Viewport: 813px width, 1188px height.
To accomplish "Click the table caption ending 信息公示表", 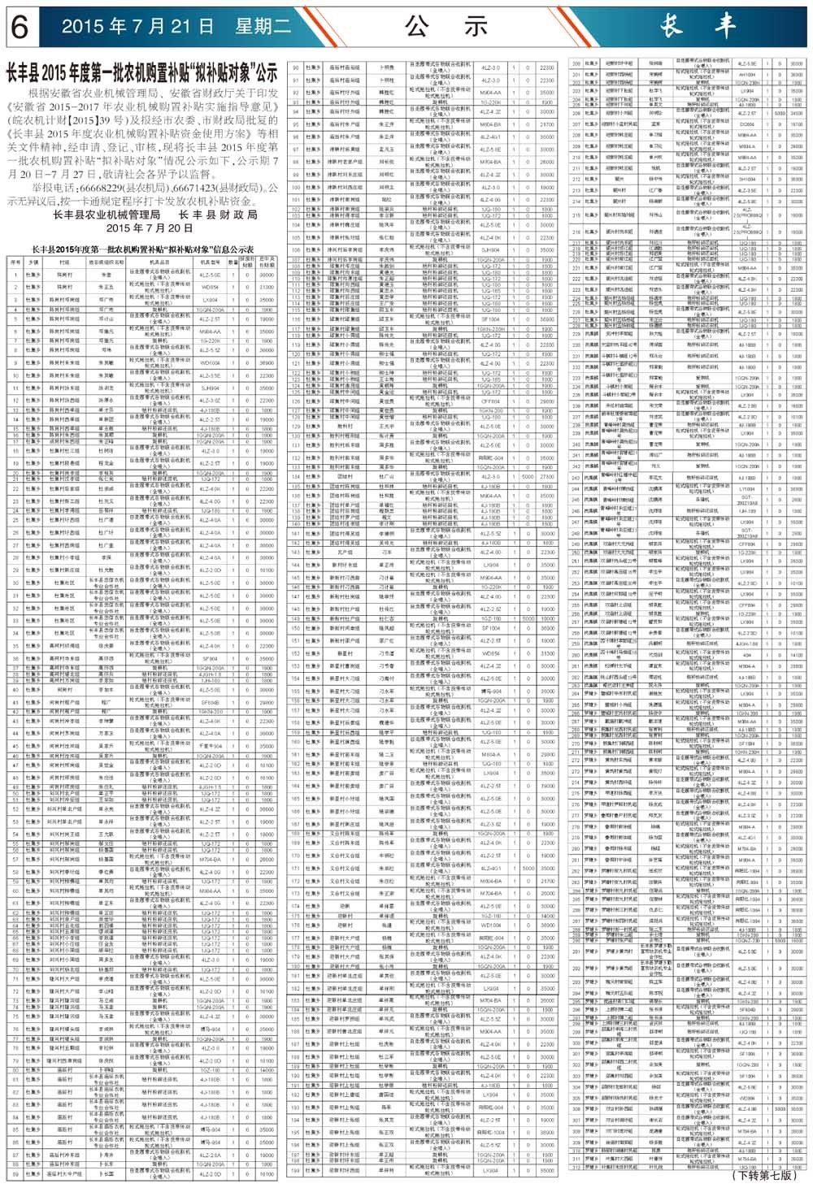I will click(141, 249).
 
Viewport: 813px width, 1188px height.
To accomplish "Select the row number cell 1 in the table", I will click(15, 275).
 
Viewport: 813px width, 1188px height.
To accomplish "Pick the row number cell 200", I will click(576, 63).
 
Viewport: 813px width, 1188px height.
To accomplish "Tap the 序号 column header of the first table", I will click(15, 262).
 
